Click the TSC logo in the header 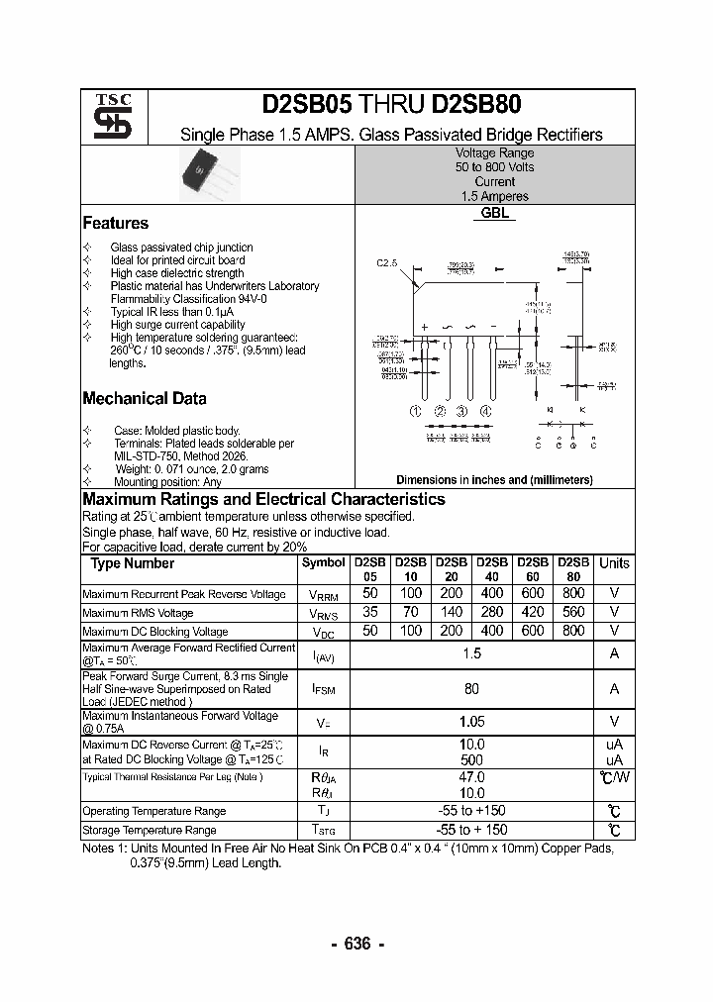tap(104, 116)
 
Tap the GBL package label tap(494, 213)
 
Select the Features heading tap(115, 224)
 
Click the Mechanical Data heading tap(144, 399)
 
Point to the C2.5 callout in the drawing tap(386, 263)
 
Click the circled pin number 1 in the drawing tap(417, 412)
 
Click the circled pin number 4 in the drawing tap(485, 412)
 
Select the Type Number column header tap(132, 563)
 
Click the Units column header tap(614, 563)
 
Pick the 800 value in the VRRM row tap(573, 593)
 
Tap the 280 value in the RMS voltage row tap(492, 612)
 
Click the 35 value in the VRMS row tap(369, 612)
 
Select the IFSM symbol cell tap(323, 689)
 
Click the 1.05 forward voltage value tap(471, 722)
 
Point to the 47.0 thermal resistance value tap(471, 778)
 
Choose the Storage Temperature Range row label tap(149, 830)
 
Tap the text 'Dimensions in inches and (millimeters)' tap(494, 480)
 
